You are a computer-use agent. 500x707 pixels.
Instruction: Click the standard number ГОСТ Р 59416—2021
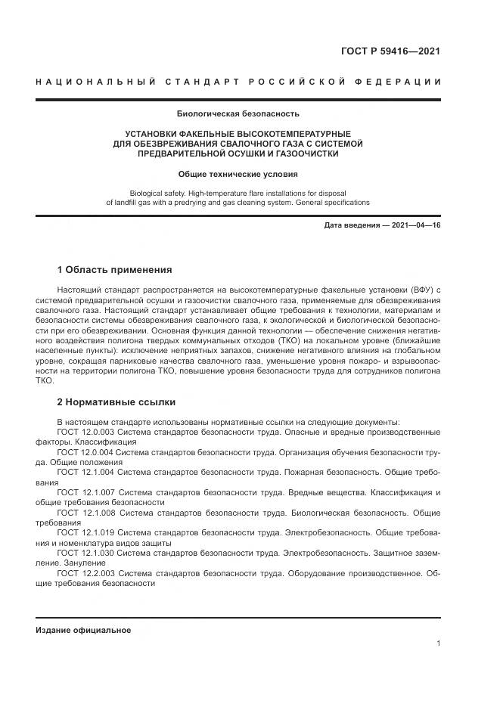pyautogui.click(x=392, y=51)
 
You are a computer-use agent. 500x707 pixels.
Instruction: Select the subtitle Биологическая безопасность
pyautogui.click(x=238, y=114)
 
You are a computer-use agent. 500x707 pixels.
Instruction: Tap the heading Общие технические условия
pyautogui.click(x=238, y=174)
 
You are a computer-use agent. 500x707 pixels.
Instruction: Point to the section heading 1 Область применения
pyautogui.click(x=114, y=270)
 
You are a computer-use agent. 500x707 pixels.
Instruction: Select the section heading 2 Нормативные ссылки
pyautogui.click(x=116, y=402)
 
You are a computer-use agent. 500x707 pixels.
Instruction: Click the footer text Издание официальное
pyautogui.click(x=83, y=630)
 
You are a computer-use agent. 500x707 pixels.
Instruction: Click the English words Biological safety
pyautogui.click(x=160, y=193)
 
